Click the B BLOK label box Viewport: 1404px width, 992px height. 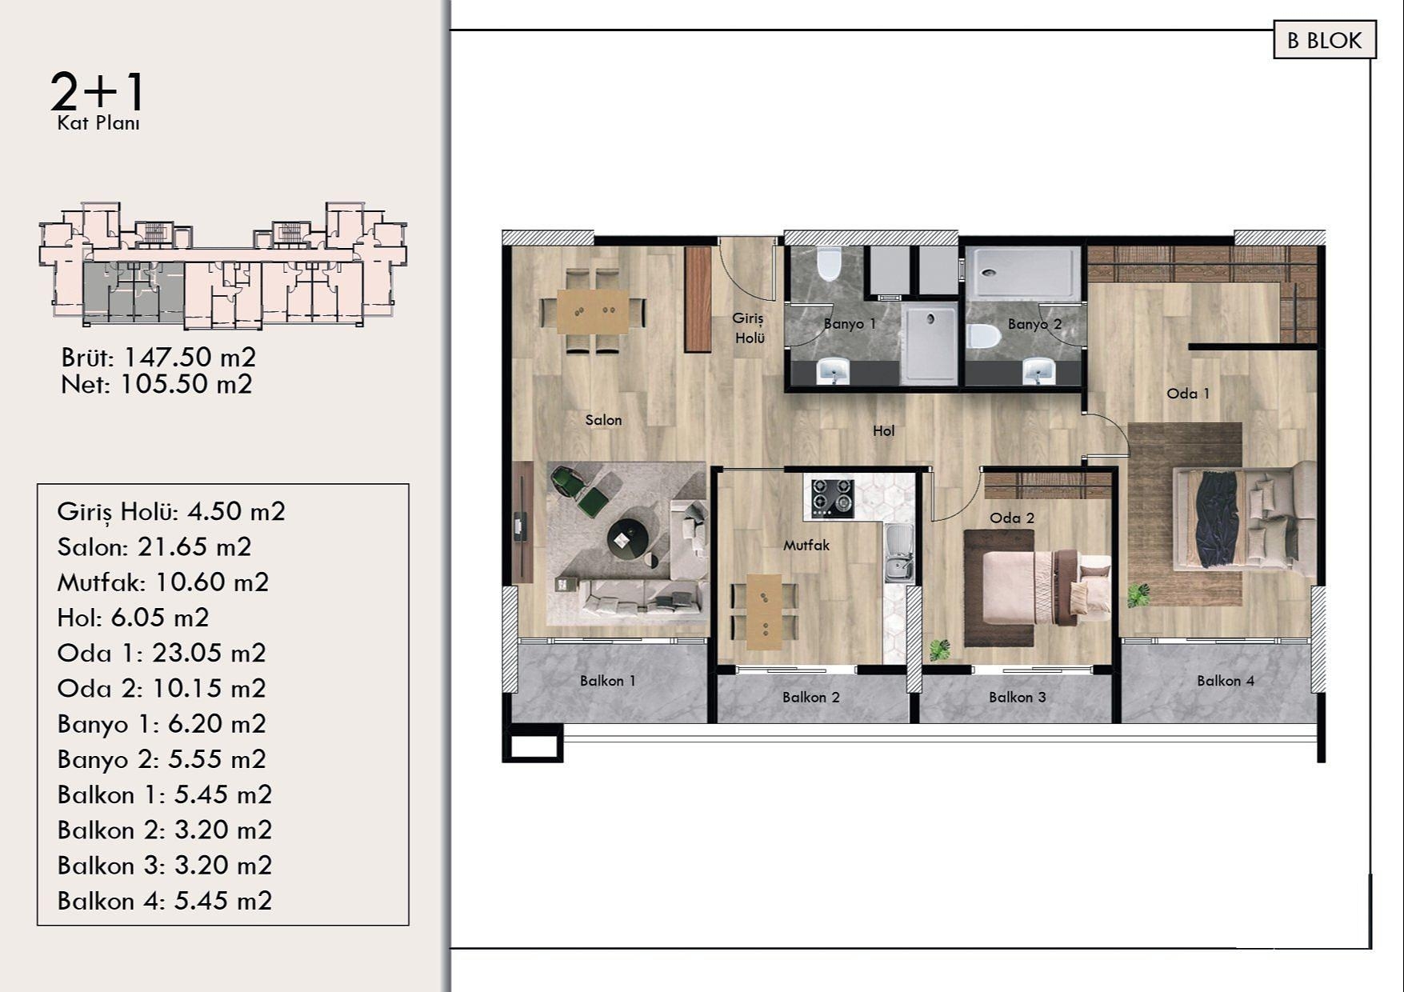[x=1324, y=41]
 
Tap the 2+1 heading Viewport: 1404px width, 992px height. [x=98, y=91]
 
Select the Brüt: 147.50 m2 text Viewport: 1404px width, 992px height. [x=158, y=357]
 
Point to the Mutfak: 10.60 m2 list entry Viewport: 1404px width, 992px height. [x=163, y=582]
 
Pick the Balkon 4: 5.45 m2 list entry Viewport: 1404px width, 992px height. [x=165, y=901]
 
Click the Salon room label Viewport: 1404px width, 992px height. [x=603, y=420]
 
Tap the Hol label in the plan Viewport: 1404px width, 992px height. [x=883, y=430]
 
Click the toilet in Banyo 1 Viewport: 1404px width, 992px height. [x=829, y=265]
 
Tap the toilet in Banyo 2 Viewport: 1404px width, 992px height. [x=984, y=335]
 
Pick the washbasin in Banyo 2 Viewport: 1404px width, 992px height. [x=1039, y=371]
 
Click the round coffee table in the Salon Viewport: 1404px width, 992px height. [x=627, y=538]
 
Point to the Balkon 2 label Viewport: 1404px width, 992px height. [x=811, y=697]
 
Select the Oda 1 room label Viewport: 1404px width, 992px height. [x=1188, y=393]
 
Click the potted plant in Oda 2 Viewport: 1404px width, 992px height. [x=940, y=649]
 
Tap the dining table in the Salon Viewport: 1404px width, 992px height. [x=593, y=311]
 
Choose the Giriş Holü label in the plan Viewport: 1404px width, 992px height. [x=749, y=328]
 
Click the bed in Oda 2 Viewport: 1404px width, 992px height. [x=1040, y=586]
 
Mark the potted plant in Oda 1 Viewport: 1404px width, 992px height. [x=1138, y=594]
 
